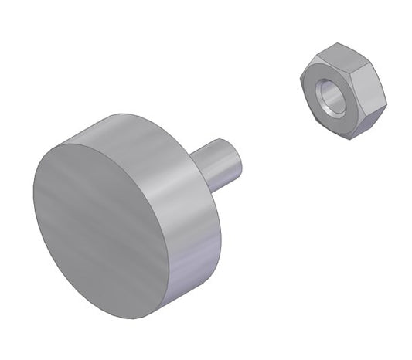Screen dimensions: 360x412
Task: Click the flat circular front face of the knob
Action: coord(100,228)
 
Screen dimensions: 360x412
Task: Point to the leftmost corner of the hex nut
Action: coord(300,77)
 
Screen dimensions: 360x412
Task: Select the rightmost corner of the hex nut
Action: coord(385,104)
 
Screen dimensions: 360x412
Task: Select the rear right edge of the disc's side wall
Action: coord(219,232)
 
